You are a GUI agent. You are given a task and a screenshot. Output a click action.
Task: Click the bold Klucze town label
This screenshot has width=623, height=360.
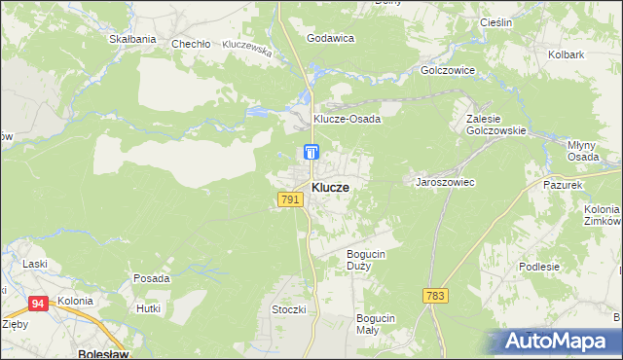[x=331, y=187]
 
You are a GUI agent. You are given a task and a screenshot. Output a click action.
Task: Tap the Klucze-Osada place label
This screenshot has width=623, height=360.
[x=346, y=119]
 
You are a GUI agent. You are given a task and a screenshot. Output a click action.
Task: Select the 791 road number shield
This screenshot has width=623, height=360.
[x=289, y=199]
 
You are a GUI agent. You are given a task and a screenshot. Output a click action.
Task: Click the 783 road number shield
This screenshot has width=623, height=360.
[x=435, y=295]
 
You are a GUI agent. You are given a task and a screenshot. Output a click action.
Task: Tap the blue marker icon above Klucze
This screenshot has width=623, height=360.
[x=311, y=152]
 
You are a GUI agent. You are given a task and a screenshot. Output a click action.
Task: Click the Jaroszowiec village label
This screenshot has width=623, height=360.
[x=445, y=182]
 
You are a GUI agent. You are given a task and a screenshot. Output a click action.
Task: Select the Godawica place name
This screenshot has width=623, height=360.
[x=330, y=38]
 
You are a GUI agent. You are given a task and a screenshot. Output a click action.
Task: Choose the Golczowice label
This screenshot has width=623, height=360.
[x=447, y=71]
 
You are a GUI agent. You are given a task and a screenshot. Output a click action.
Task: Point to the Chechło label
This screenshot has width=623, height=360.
[x=191, y=44]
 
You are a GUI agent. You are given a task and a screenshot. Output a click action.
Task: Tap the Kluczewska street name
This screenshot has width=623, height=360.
[x=246, y=45]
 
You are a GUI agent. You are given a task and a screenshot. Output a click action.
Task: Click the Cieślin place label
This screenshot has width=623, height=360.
[x=496, y=21]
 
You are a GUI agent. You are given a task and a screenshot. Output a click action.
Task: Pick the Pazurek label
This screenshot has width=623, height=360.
[x=563, y=184]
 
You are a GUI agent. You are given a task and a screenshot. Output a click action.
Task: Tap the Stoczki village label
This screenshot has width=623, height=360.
[x=289, y=309]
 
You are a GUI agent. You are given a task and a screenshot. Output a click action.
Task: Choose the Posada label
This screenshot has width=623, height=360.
[x=151, y=278]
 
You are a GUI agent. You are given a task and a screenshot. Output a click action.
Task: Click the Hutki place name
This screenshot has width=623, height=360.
[x=148, y=308]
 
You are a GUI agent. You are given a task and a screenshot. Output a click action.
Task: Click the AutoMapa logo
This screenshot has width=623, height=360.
[x=556, y=341]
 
